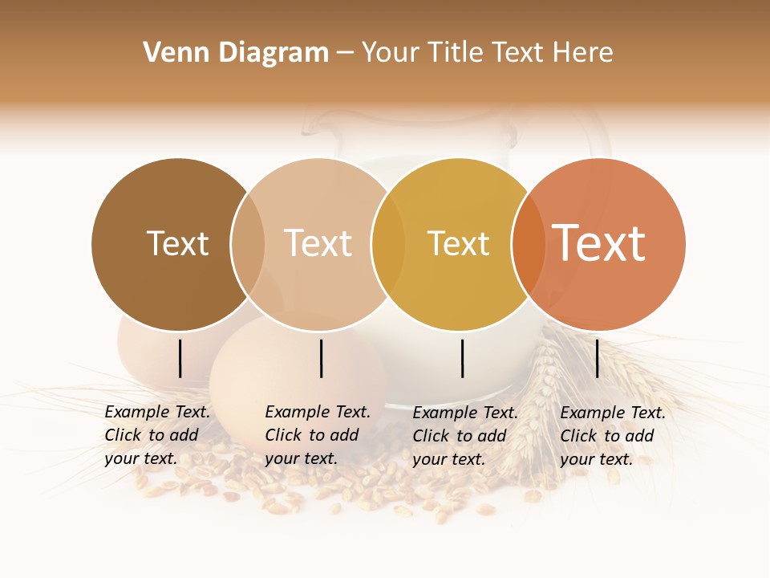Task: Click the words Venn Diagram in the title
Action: click(x=236, y=53)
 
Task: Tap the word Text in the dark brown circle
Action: click(x=177, y=243)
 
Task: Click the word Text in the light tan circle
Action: click(x=318, y=243)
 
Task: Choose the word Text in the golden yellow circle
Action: click(x=458, y=243)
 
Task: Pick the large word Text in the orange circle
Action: click(x=598, y=243)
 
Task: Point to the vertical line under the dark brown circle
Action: click(x=180, y=358)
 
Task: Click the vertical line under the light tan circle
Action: click(x=321, y=358)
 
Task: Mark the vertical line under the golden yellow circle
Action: click(x=462, y=358)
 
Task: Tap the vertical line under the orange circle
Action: click(x=597, y=358)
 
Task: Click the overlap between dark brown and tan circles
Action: click(x=248, y=244)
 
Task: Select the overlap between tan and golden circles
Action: click(x=388, y=244)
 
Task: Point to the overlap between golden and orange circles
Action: click(x=529, y=244)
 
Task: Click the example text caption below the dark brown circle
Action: click(x=157, y=435)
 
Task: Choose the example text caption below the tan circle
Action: click(x=318, y=435)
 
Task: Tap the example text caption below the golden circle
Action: click(x=465, y=436)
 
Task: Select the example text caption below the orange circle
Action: click(x=613, y=436)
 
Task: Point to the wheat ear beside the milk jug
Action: click(x=553, y=369)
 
